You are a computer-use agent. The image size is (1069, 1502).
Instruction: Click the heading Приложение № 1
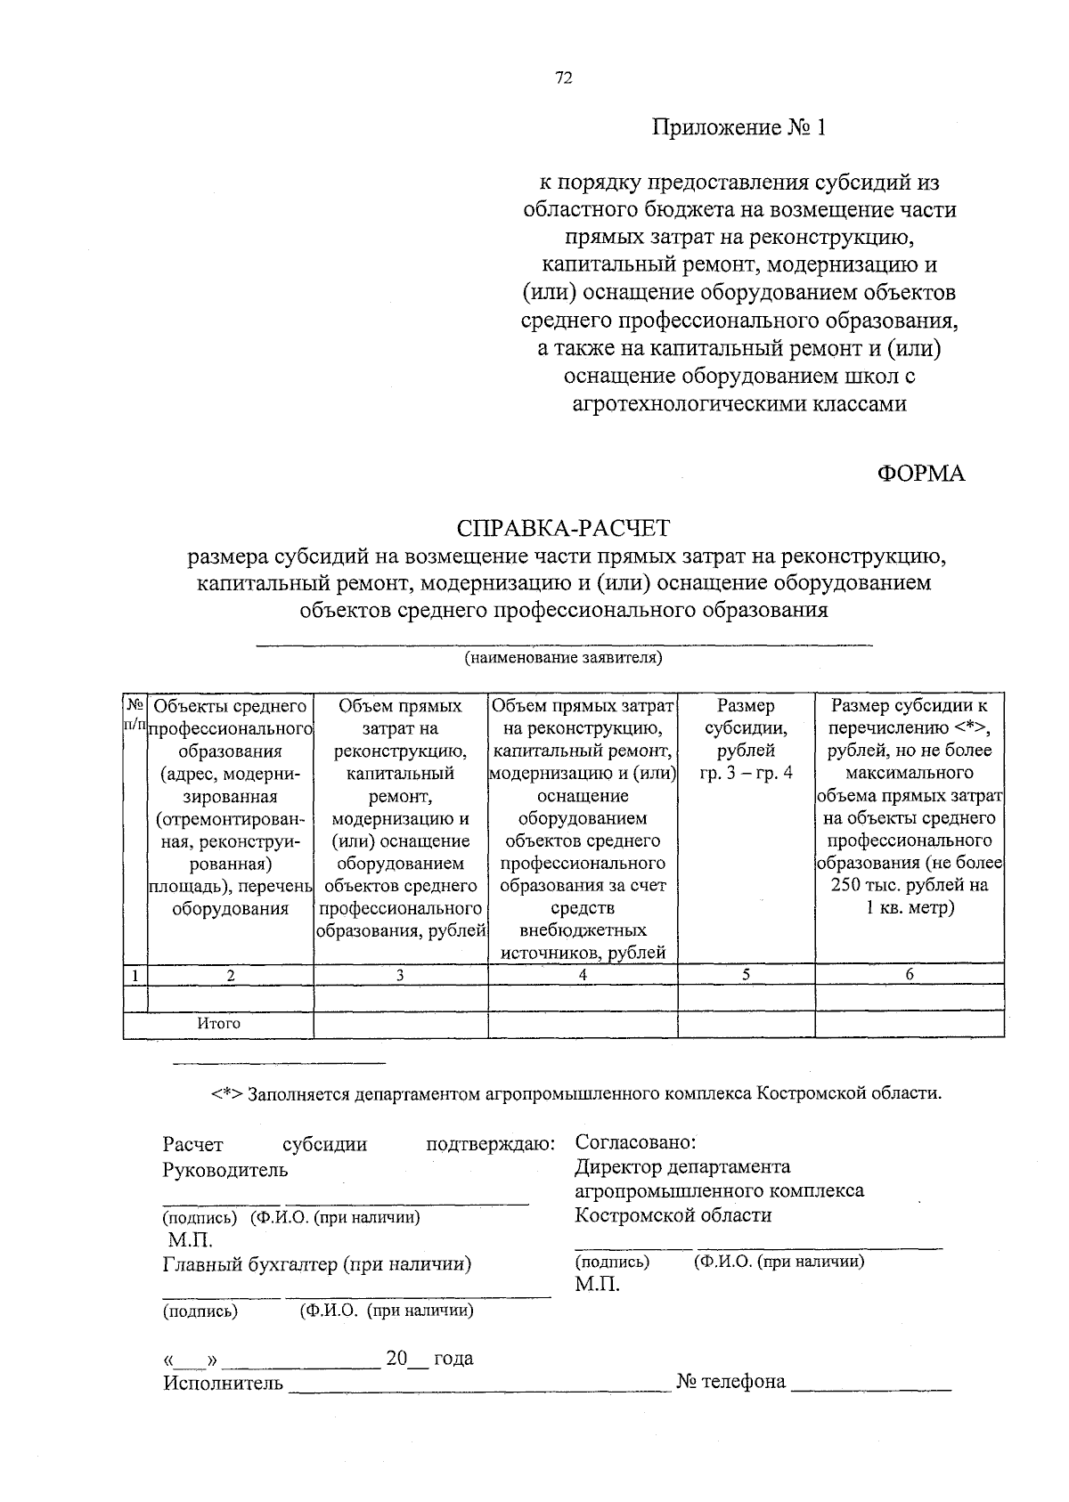739,128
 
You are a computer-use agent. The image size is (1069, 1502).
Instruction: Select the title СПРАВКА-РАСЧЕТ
562,530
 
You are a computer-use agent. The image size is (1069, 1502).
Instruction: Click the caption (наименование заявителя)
562,659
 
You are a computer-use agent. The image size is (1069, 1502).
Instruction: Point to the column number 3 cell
400,975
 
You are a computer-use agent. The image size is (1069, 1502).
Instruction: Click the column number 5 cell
746,975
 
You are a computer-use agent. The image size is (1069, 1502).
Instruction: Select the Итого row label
219,1024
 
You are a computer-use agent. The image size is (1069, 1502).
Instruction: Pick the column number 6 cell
910,975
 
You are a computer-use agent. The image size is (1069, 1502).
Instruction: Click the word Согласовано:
635,1142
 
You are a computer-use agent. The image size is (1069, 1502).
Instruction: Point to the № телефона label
731,1382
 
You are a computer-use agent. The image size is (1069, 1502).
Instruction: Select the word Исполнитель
223,1384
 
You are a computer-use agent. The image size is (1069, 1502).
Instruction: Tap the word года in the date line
453,1359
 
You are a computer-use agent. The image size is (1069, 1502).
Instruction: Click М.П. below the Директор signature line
597,1285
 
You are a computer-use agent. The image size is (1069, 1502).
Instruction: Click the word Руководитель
224,1170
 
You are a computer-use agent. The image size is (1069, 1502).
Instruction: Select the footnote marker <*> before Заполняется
227,1093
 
